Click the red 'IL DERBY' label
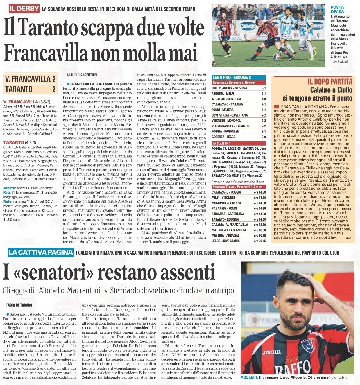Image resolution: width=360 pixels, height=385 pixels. (x=24, y=9)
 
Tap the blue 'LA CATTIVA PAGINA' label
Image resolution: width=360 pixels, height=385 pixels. (x=40, y=252)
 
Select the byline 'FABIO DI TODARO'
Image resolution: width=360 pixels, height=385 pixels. (x=19, y=305)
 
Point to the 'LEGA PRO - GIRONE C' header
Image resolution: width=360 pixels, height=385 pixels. (x=232, y=78)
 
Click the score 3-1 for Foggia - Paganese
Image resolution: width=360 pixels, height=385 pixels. (x=263, y=131)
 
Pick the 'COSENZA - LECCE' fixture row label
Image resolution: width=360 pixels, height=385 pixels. (x=224, y=137)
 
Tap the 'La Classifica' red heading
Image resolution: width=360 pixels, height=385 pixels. (x=221, y=143)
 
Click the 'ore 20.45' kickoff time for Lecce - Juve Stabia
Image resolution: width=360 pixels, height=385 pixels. (x=260, y=241)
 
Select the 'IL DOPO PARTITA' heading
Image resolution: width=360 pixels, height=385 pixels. (x=330, y=82)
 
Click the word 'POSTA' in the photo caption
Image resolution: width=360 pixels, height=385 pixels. (x=337, y=7)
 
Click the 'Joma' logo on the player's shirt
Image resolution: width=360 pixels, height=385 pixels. (x=272, y=352)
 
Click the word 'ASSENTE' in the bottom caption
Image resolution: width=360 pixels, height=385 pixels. (x=249, y=377)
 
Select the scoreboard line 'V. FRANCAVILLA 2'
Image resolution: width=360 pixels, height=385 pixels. (x=30, y=79)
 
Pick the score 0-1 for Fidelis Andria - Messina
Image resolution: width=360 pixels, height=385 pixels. (x=263, y=88)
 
